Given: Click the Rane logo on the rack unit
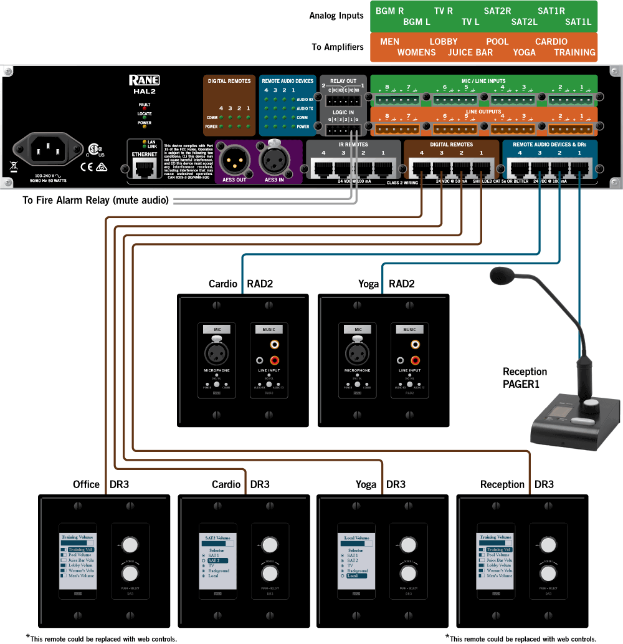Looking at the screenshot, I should click(144, 80).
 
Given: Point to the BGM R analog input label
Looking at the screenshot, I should click(389, 11).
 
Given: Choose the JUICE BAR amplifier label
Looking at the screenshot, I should click(470, 52).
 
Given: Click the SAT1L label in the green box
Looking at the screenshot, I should click(578, 22).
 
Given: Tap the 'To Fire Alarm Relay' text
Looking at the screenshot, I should click(95, 200).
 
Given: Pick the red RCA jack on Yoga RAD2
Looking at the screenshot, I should click(415, 360).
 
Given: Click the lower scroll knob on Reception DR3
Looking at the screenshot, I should click(548, 573).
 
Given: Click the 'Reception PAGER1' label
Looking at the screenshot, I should click(525, 378).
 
